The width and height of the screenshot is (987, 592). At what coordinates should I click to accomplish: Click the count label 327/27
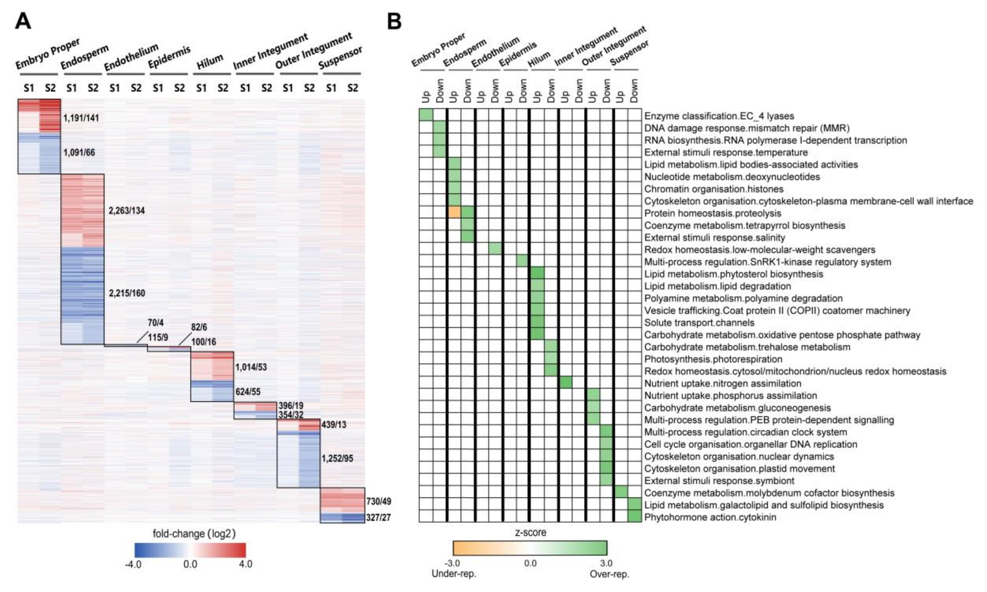[x=379, y=517]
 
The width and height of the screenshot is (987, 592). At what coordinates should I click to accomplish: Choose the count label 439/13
[x=334, y=425]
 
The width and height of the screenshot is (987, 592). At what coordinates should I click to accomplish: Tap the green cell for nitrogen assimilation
[x=565, y=383]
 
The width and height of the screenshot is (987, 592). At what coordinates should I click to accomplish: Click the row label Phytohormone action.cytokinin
[x=710, y=517]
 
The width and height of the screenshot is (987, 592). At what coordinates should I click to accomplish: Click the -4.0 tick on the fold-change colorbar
[x=133, y=564]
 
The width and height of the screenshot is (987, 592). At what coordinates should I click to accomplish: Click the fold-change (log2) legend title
[x=194, y=533]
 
